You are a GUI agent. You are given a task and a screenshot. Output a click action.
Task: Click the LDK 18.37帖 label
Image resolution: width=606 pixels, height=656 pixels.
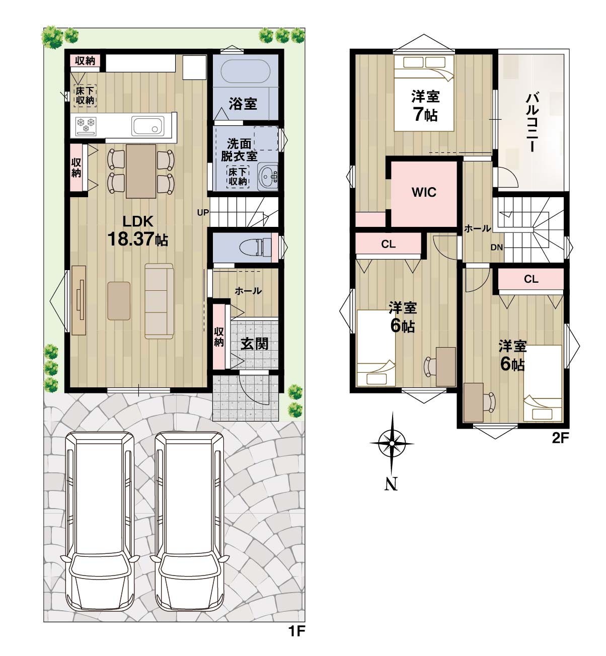tap(138, 231)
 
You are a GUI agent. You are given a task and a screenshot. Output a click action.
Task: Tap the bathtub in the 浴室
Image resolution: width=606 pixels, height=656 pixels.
tap(245, 71)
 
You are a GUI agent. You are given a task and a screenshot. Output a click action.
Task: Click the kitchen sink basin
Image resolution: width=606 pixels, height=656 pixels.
tap(148, 126)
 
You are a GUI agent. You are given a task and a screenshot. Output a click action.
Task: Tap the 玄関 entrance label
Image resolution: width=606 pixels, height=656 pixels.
tap(254, 344)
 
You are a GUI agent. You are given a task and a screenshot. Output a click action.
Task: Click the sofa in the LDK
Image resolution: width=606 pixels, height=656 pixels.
tap(159, 301)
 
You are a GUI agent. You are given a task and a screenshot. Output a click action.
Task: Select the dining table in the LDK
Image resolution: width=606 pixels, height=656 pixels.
tap(141, 171)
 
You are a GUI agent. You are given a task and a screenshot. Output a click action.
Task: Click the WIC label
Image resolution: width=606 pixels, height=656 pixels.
tap(424, 192)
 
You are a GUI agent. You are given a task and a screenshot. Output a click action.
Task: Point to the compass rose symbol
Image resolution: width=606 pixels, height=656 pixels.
tap(392, 443)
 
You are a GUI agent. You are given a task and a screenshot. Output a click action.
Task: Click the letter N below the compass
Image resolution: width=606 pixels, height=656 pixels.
tap(391, 484)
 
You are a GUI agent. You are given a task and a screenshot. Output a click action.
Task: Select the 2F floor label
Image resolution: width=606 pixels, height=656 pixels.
tap(560, 438)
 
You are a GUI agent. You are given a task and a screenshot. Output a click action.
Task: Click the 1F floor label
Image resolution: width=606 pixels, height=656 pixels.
tap(296, 631)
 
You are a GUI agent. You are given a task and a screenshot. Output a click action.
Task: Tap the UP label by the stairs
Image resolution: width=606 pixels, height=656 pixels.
tap(203, 213)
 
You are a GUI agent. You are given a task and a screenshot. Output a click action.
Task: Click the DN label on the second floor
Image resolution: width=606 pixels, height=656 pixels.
tap(497, 247)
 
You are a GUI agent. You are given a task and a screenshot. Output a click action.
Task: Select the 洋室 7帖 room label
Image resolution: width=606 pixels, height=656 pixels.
tap(425, 106)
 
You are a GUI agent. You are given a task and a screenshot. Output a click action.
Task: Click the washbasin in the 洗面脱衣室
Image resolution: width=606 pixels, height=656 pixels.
tap(267, 177)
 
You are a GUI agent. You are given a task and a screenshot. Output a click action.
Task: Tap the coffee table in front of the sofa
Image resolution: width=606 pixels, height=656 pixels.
tap(119, 301)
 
